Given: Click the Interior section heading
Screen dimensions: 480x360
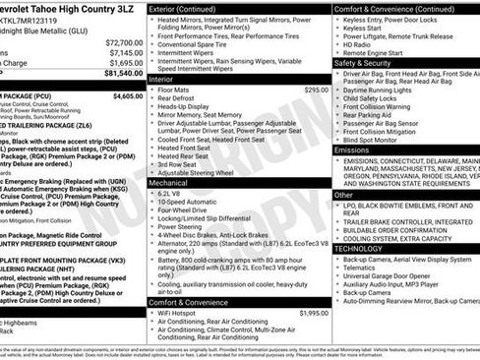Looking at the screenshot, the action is (x=163, y=78).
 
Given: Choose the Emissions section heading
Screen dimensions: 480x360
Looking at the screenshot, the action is (x=353, y=150).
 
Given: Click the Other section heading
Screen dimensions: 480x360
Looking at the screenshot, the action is (x=344, y=195).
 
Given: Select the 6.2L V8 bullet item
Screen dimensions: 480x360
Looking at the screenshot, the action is (x=178, y=193).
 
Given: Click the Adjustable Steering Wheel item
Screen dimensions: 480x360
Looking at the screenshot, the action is (x=203, y=171).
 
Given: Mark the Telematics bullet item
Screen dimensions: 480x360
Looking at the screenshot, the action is (x=363, y=267).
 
